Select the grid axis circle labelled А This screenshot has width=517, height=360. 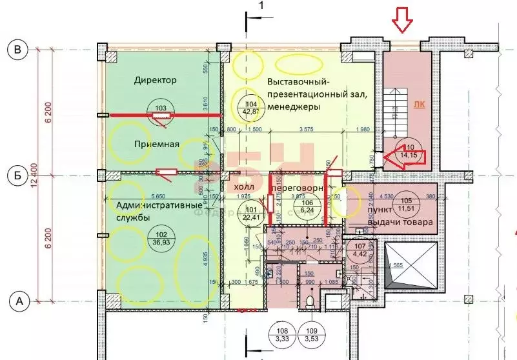click(19, 301)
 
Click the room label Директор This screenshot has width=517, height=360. click(156, 81)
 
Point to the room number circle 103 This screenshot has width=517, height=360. click(161, 108)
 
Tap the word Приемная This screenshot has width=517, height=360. click(156, 144)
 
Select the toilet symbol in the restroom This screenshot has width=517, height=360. click(311, 303)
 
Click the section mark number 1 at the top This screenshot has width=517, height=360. click(261, 6)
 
